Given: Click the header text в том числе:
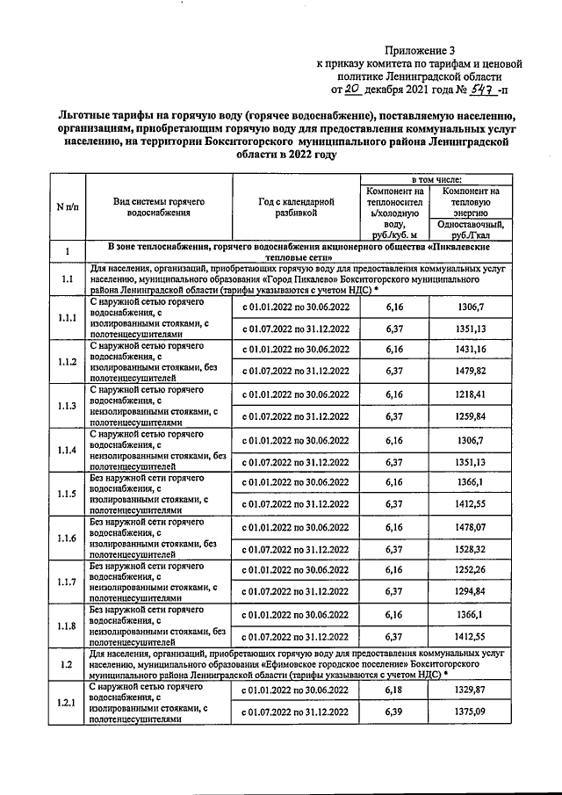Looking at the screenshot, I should [436, 178].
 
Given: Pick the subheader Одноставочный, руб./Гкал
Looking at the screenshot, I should [473, 229].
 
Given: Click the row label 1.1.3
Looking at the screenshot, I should [67, 405].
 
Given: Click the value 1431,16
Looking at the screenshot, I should [472, 350].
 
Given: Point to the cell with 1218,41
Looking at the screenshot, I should [472, 394].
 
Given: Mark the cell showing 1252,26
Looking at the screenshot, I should [472, 571].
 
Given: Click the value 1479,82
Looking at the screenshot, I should [472, 372].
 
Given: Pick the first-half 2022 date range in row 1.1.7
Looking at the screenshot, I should [294, 571].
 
